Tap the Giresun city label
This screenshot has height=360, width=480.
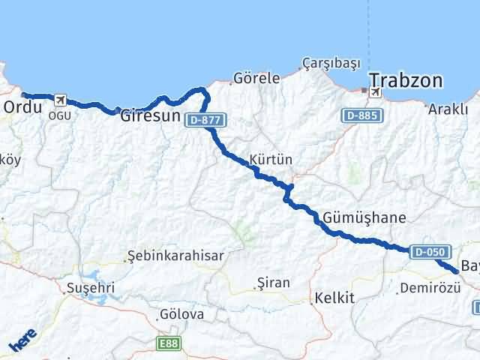pyautogui.click(x=151, y=117)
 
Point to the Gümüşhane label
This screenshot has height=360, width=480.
pyautogui.click(x=365, y=217)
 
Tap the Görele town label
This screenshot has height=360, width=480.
pyautogui.click(x=257, y=77)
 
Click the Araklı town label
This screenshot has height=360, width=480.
pyautogui.click(x=448, y=109)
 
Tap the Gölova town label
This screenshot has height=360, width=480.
pyautogui.click(x=181, y=314)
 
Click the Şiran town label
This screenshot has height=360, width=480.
pyautogui.click(x=273, y=283)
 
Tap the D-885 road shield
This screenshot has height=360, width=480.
pyautogui.click(x=364, y=116)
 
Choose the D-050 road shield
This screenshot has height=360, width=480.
pyautogui.click(x=430, y=252)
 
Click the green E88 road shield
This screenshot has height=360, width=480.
pyautogui.click(x=169, y=343)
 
